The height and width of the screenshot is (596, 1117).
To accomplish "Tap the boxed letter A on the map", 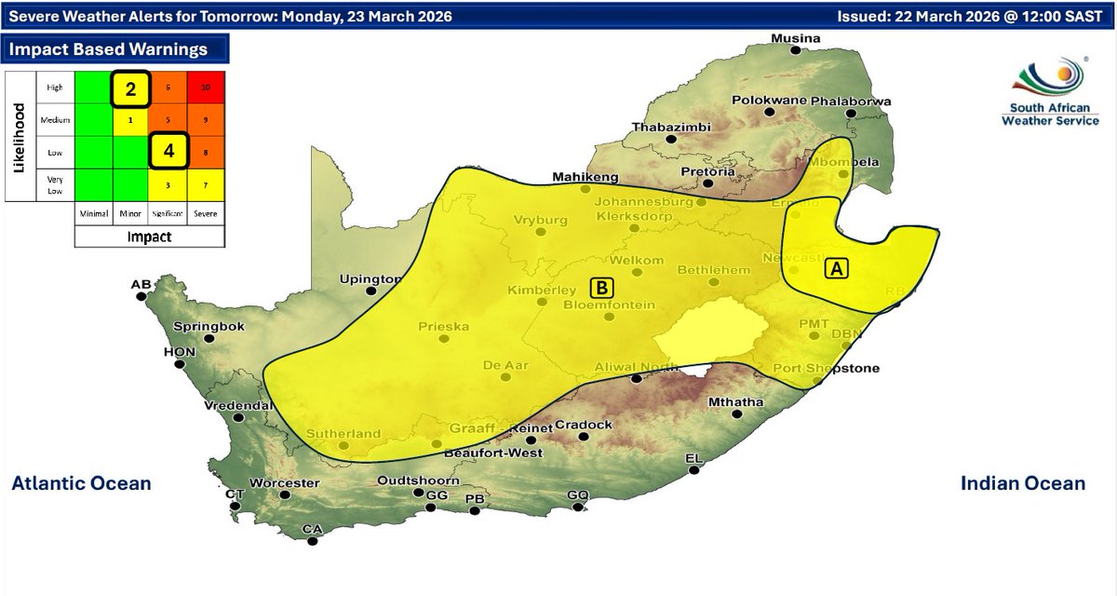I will click(836, 268).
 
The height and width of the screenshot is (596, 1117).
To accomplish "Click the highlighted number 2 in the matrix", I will click(131, 89).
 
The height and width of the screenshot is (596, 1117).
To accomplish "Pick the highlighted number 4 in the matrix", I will click(168, 150).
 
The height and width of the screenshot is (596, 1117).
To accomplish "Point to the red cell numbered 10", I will click(206, 88).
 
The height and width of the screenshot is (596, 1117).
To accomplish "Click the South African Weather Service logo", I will click(1050, 93).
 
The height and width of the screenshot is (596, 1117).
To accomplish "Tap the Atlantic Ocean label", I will click(81, 483).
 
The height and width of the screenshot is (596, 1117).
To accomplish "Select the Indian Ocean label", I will click(1022, 483).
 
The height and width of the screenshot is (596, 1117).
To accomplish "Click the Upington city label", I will click(370, 278).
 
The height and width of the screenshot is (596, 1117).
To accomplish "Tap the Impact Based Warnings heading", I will click(104, 48).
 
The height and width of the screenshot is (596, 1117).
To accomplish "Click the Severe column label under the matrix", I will click(206, 213).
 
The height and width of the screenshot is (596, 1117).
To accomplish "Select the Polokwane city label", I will click(769, 101).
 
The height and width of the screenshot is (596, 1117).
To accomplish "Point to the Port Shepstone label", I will click(826, 369).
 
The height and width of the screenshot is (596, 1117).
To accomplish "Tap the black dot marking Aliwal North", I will click(637, 379).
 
